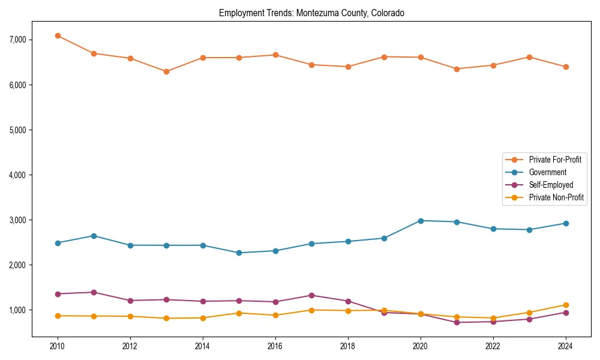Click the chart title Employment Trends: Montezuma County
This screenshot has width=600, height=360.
(x=311, y=13)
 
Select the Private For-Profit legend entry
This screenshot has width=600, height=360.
(x=555, y=160)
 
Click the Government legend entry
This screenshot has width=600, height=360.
(x=547, y=172)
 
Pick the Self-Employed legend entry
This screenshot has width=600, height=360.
(x=551, y=185)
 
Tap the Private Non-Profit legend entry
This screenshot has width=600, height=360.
(x=556, y=197)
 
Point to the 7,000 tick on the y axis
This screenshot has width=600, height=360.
(x=17, y=40)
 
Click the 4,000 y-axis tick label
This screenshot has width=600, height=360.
(x=17, y=175)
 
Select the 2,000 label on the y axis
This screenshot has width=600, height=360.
(x=17, y=265)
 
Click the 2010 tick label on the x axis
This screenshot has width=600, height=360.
(x=58, y=346)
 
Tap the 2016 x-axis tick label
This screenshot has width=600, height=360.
(x=275, y=346)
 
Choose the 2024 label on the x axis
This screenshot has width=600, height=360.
(x=565, y=346)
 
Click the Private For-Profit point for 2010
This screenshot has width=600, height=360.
(x=58, y=35)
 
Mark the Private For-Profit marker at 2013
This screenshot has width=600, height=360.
(x=166, y=71)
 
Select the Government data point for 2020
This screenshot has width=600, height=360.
(x=421, y=221)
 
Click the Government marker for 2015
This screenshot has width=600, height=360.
(x=239, y=253)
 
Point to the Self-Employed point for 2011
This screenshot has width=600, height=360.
(x=94, y=292)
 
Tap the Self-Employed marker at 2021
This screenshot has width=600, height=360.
(x=457, y=322)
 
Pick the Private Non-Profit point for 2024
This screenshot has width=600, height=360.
(x=565, y=305)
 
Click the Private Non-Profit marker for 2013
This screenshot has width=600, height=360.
(x=166, y=318)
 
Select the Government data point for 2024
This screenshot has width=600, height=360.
(x=565, y=223)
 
